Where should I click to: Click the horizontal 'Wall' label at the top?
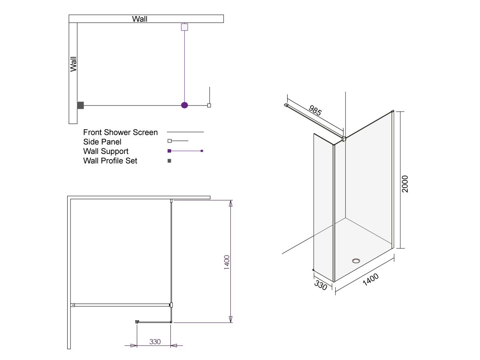point(140,19)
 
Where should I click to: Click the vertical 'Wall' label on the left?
point(73,64)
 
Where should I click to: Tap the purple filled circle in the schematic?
point(184,106)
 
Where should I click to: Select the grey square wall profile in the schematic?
point(80,106)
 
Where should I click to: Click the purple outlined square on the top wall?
point(184,27)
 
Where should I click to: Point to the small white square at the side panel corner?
point(209,106)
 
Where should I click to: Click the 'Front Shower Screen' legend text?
point(120,132)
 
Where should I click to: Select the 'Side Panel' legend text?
point(102,142)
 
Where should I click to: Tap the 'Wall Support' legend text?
point(106,151)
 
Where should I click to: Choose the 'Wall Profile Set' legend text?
point(110,161)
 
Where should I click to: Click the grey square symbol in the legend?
point(169,161)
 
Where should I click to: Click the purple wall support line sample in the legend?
point(186,151)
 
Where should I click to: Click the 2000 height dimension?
point(405,184)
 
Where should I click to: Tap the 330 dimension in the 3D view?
point(320,285)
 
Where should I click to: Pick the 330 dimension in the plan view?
point(155,342)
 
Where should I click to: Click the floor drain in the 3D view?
point(356,261)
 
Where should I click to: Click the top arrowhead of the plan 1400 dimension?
point(230,204)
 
